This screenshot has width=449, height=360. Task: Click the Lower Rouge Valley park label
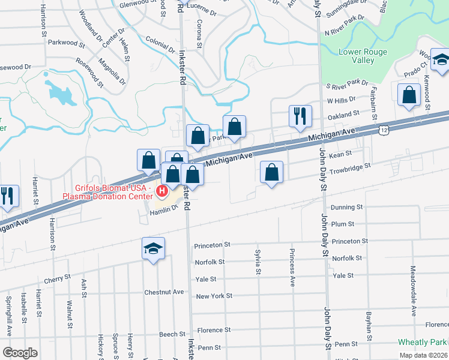(363, 56)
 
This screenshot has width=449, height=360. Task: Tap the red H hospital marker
(161, 191)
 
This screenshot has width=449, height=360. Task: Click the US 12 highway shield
(383, 129)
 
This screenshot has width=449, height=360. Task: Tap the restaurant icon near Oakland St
(300, 116)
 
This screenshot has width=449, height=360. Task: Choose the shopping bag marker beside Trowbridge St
(272, 173)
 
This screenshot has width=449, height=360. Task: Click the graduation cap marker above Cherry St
(153, 248)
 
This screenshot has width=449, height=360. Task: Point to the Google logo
(20, 353)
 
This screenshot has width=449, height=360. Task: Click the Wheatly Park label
(422, 342)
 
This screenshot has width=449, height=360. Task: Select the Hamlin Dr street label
(164, 210)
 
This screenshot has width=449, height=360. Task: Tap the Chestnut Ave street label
(163, 292)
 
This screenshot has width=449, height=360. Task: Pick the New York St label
(214, 296)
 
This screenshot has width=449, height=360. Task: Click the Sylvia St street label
(258, 262)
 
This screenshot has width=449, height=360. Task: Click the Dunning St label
(351, 207)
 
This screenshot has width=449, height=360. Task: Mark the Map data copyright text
(424, 355)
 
